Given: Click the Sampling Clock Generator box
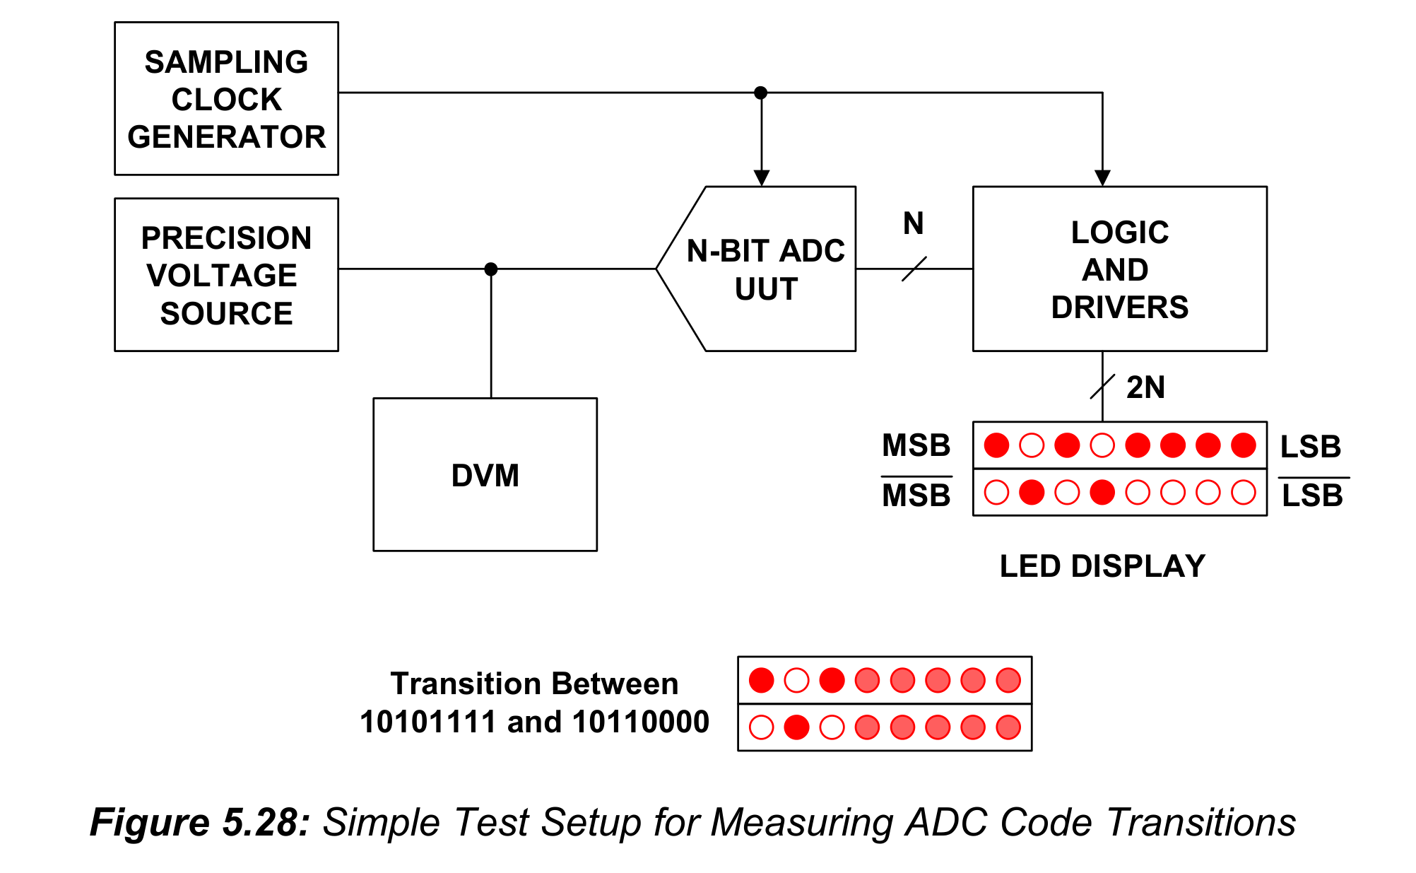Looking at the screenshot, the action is click(226, 98).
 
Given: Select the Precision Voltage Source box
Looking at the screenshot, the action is click(226, 274).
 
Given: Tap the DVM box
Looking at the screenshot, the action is click(485, 474).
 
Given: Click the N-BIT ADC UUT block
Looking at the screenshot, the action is click(756, 269).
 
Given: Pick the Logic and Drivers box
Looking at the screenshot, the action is click(1119, 269).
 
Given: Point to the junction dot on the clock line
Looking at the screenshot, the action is click(760, 93).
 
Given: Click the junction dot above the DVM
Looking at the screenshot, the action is click(491, 269).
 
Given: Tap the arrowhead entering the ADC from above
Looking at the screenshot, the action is click(761, 178).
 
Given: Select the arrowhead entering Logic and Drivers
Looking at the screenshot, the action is click(1102, 178).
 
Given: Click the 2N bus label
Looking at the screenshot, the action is click(1145, 387).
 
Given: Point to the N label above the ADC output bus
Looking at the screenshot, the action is click(913, 223).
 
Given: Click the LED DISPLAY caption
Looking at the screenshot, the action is click(1102, 566).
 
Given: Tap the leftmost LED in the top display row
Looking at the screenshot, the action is click(996, 445).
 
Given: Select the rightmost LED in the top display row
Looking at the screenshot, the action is click(1243, 445).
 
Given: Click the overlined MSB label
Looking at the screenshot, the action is click(916, 493).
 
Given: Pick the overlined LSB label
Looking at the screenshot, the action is click(1313, 493).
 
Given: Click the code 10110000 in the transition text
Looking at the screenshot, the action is click(640, 722).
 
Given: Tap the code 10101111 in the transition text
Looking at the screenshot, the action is click(427, 722).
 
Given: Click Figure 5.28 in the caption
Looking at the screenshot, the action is click(200, 822).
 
